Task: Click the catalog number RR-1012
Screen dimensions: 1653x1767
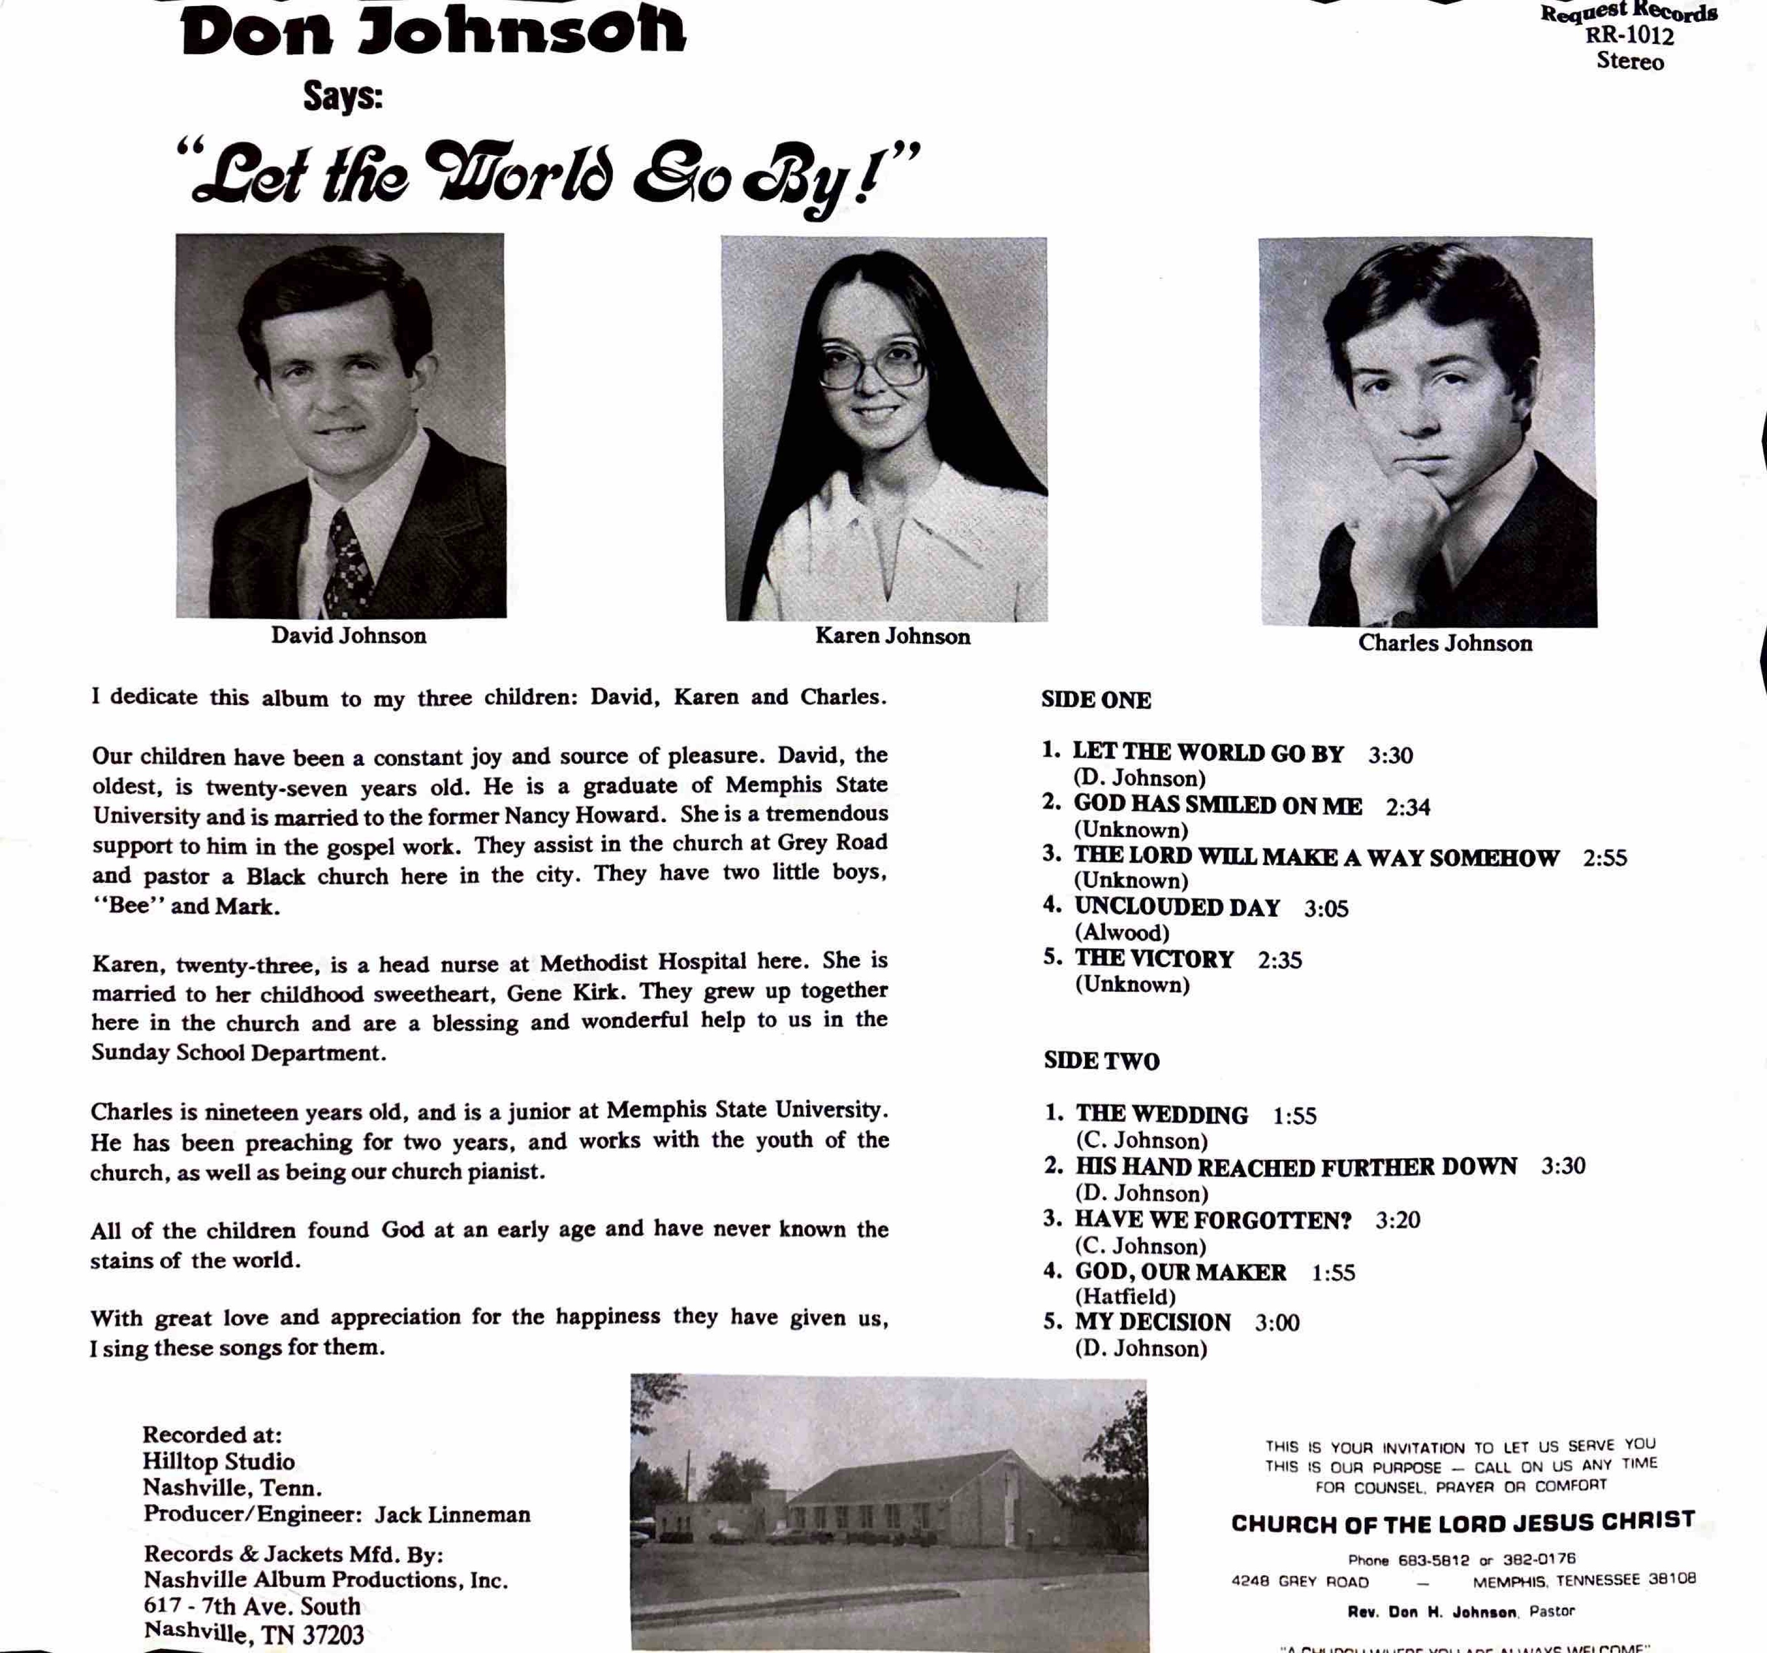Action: coord(1629,36)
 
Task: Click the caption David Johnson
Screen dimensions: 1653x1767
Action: coord(348,635)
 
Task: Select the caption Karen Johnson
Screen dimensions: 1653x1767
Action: coord(893,636)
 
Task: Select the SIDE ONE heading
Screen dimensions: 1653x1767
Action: coord(1096,700)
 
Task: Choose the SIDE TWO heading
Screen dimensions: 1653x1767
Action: coord(1101,1061)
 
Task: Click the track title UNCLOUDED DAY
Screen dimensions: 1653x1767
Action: coord(1177,908)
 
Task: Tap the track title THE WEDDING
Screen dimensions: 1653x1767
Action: coord(1162,1114)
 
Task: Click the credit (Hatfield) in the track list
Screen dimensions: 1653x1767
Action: coord(1125,1297)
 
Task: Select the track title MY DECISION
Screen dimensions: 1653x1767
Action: coord(1153,1322)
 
